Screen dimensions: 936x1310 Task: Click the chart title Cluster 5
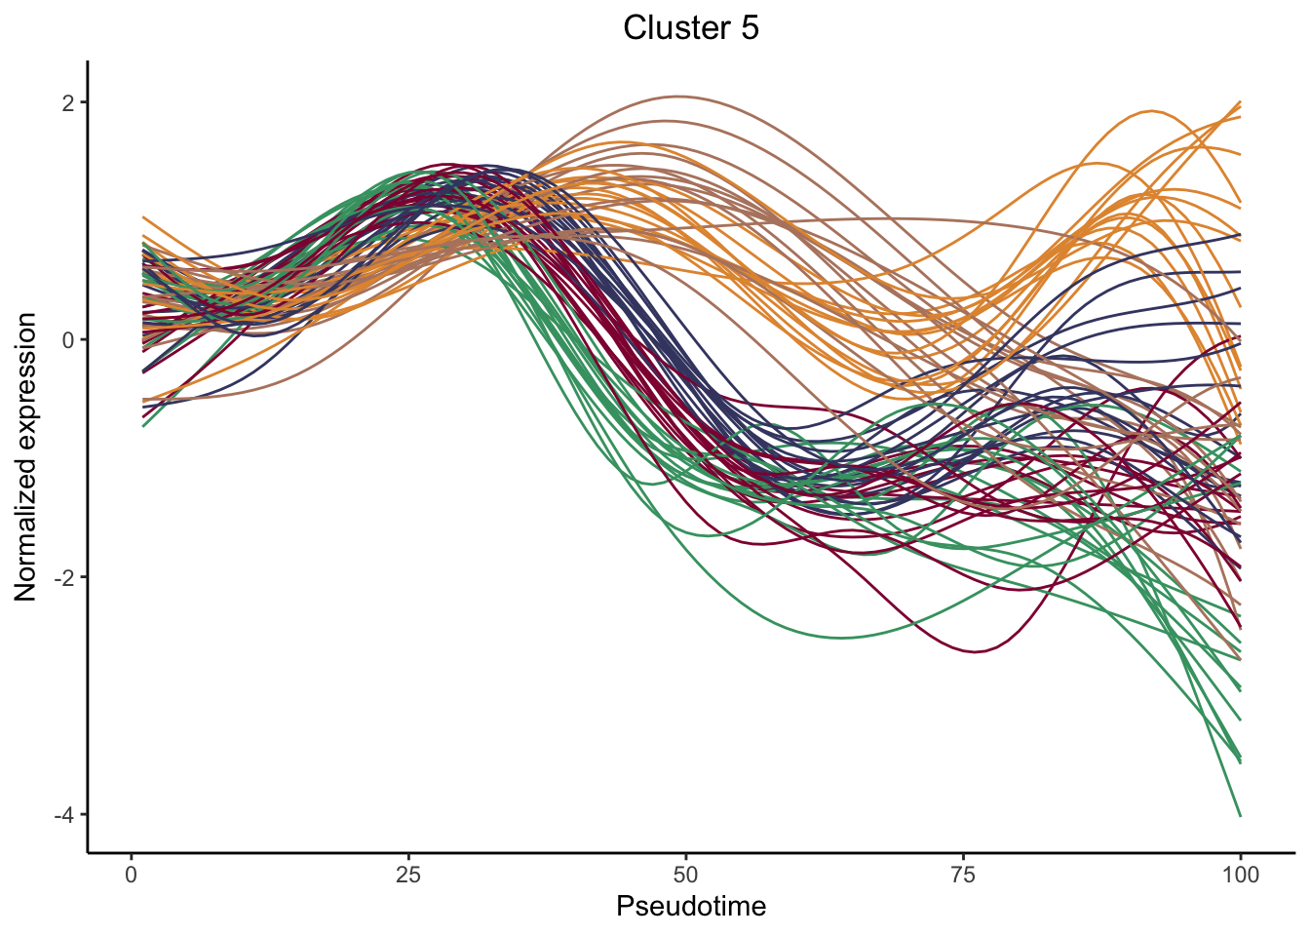point(691,28)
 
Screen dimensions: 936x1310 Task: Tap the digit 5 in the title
point(750,28)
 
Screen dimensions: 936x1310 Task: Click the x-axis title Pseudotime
point(691,907)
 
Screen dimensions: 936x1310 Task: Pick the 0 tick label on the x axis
point(132,875)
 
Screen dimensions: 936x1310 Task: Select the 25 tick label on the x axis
point(408,875)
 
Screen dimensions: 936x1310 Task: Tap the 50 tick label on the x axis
point(686,875)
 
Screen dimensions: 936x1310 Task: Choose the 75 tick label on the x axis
point(963,875)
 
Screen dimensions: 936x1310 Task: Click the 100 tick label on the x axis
point(1240,875)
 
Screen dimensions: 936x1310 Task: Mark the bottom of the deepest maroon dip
point(975,651)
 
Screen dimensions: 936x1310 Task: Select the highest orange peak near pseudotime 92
point(1153,111)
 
